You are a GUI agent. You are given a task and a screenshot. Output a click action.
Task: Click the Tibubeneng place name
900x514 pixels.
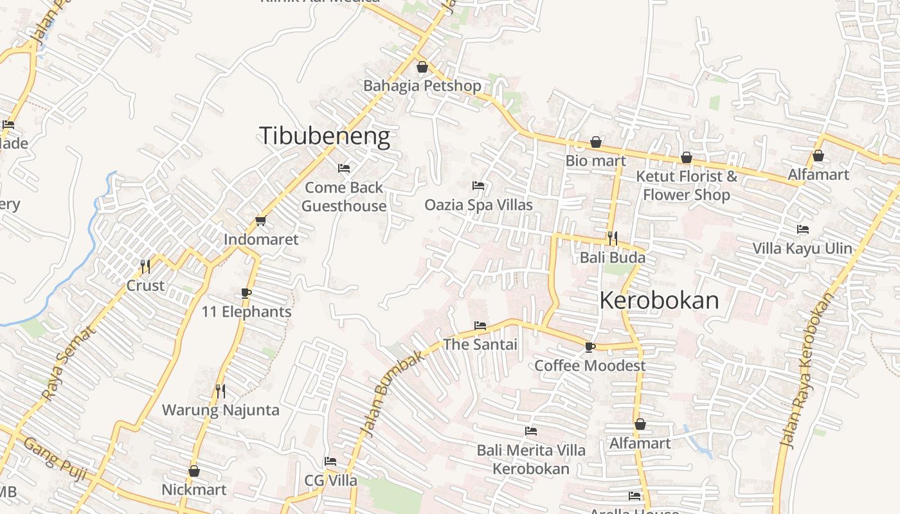pyautogui.click(x=324, y=136)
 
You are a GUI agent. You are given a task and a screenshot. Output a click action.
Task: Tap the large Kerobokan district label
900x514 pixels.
pyautogui.click(x=659, y=301)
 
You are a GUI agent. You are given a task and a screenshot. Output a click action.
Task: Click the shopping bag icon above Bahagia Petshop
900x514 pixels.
pyautogui.click(x=422, y=67)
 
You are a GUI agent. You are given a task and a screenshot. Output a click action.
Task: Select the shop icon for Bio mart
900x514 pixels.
pyautogui.click(x=596, y=142)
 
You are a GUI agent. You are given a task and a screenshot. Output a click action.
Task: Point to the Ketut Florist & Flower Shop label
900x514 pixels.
pyautogui.click(x=687, y=185)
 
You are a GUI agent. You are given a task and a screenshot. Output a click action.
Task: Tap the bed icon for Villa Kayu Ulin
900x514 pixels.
pyautogui.click(x=802, y=229)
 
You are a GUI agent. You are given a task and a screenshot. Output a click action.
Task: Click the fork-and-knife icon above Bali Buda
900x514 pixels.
pyautogui.click(x=612, y=238)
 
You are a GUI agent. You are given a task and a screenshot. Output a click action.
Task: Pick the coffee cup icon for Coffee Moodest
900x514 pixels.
pyautogui.click(x=589, y=348)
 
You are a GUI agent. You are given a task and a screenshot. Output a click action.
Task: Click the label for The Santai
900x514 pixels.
pyautogui.click(x=480, y=344)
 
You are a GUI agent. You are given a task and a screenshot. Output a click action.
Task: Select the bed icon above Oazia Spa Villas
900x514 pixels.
pyautogui.click(x=478, y=186)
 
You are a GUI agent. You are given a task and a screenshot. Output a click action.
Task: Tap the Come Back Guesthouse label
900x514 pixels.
pyautogui.click(x=344, y=197)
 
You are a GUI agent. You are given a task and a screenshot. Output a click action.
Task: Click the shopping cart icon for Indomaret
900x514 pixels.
pyautogui.click(x=260, y=221)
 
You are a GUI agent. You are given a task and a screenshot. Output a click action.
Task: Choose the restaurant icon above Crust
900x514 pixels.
pyautogui.click(x=145, y=266)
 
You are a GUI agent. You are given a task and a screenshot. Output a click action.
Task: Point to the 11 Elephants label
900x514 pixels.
pyautogui.click(x=246, y=312)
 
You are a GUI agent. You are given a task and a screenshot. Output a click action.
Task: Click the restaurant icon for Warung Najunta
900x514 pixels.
pyautogui.click(x=221, y=391)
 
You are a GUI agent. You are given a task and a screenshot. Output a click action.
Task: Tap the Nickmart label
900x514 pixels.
pyautogui.click(x=194, y=490)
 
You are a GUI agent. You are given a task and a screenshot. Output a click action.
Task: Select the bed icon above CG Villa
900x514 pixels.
pyautogui.click(x=330, y=461)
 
